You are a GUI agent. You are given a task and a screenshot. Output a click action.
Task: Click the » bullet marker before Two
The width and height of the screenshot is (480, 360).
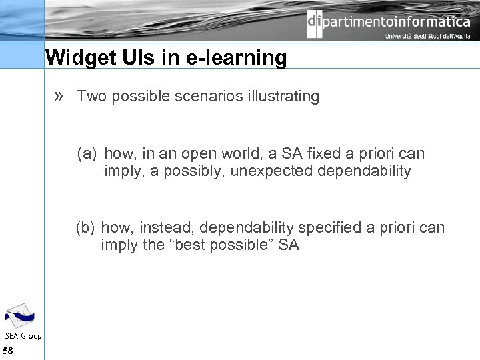click(59, 96)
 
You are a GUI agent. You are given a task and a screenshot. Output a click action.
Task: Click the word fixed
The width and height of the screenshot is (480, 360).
click(332, 153)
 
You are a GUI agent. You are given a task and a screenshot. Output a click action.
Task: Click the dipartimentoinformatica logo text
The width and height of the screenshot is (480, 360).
click(389, 22)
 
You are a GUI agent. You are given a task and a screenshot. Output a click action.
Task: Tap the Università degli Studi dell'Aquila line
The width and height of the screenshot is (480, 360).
click(427, 37)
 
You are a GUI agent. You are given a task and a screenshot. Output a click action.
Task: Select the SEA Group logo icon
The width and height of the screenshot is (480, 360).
click(20, 315)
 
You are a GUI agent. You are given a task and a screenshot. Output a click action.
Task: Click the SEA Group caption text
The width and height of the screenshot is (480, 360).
click(23, 336)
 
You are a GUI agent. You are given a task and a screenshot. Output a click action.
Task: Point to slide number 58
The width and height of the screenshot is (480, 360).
click(9, 351)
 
